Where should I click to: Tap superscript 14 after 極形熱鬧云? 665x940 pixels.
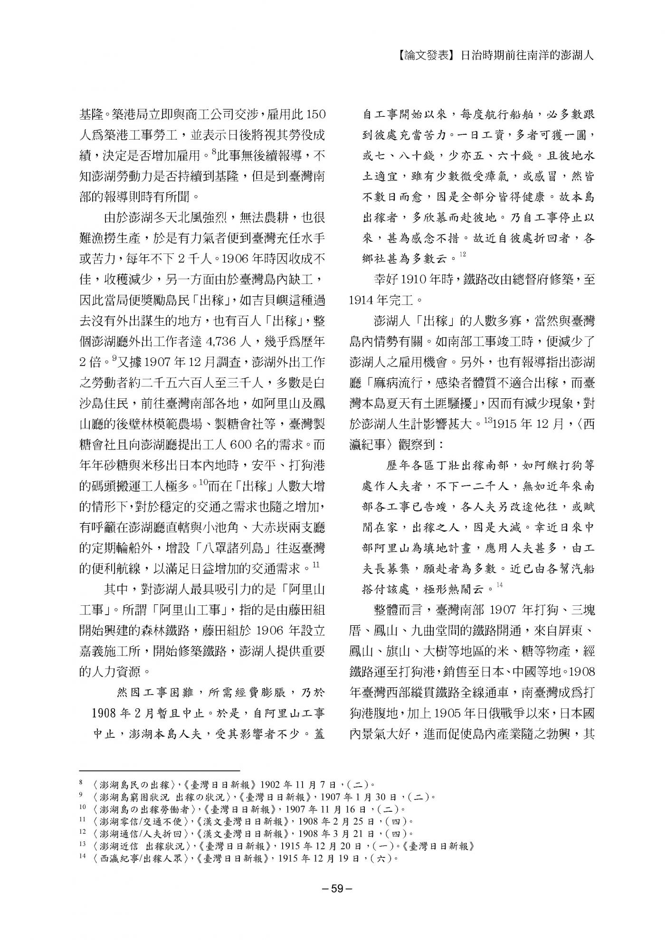click(499, 585)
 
